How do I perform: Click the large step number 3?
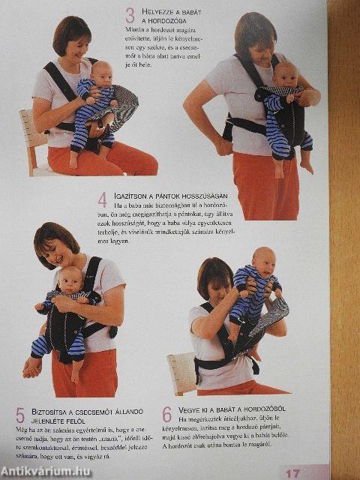click(130, 14)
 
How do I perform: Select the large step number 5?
click(20, 414)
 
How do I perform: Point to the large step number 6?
click(166, 414)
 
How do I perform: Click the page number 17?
click(292, 472)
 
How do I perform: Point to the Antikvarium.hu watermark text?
click(45, 471)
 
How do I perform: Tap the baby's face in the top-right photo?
click(284, 75)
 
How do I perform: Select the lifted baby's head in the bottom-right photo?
click(262, 260)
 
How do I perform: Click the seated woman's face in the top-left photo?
click(73, 46)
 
